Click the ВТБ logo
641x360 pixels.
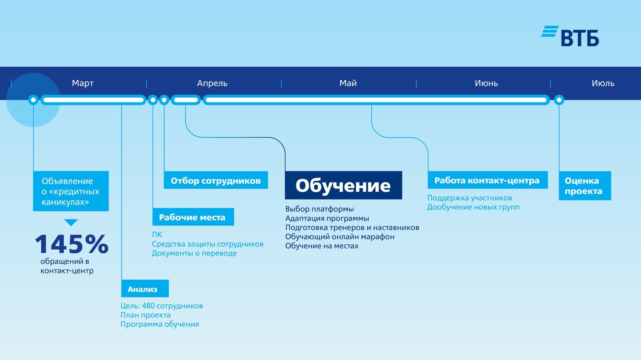[570, 36]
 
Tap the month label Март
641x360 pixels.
[83, 83]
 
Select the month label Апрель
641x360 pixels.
[212, 83]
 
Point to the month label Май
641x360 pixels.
[348, 83]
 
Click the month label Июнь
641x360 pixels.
[486, 83]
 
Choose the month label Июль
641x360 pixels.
[603, 83]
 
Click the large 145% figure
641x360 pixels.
[71, 244]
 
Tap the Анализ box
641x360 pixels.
[144, 289]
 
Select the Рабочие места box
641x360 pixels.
[193, 217]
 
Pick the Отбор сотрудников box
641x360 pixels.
[215, 181]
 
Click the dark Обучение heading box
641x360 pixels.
[343, 185]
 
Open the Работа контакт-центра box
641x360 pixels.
[487, 180]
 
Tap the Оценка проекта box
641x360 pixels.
[584, 186]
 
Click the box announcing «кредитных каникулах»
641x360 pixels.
[71, 191]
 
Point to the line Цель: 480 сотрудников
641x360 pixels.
[161, 306]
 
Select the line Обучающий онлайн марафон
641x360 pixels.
[340, 237]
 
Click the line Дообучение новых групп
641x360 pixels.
[473, 207]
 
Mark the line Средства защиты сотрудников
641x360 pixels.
[207, 244]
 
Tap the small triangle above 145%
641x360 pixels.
[71, 222]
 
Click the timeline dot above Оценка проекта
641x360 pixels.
[559, 100]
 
